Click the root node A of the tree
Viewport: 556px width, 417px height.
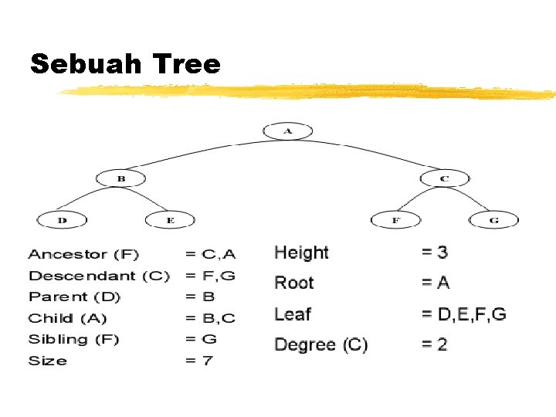pyautogui.click(x=288, y=131)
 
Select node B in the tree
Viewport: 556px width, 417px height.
pyautogui.click(x=121, y=178)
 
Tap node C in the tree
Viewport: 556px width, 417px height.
pyautogui.click(x=445, y=178)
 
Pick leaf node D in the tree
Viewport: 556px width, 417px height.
pyautogui.click(x=63, y=220)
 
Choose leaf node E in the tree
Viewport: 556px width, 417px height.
pyautogui.click(x=171, y=220)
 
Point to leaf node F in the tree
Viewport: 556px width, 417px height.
pyautogui.click(x=396, y=220)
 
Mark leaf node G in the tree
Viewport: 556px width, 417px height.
pyautogui.click(x=493, y=220)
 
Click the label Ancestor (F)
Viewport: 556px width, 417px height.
pyautogui.click(x=83, y=254)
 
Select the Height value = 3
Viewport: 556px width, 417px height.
pyautogui.click(x=434, y=252)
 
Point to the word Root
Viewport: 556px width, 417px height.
pyautogui.click(x=294, y=283)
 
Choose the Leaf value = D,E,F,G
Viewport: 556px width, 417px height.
pyautogui.click(x=463, y=314)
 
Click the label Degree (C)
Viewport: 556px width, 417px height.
pyautogui.click(x=321, y=345)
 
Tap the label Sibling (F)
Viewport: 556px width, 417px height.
pyautogui.click(x=74, y=339)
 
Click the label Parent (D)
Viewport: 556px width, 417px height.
pyautogui.click(x=75, y=297)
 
